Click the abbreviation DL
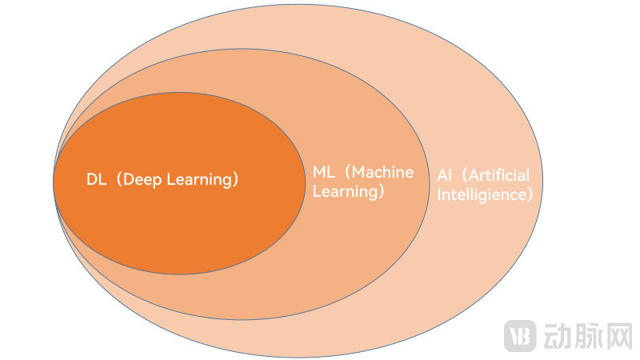pyautogui.click(x=97, y=180)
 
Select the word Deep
pyautogui.click(x=142, y=180)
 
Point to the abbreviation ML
pyautogui.click(x=322, y=173)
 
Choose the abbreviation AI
pyautogui.click(x=443, y=175)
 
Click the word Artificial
pyautogui.click(x=498, y=175)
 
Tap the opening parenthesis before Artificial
pyautogui.click(x=460, y=175)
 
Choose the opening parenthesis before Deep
pyautogui.click(x=117, y=180)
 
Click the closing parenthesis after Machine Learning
pyautogui.click(x=381, y=192)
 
